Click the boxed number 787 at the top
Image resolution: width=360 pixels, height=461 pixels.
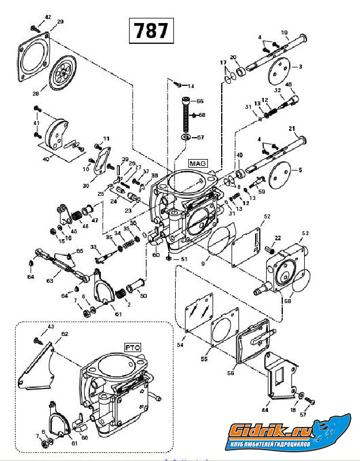coord(151,30)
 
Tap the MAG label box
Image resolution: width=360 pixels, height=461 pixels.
coord(197,163)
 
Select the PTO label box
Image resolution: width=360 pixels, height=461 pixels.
coord(133,347)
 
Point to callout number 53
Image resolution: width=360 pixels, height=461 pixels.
coord(305,233)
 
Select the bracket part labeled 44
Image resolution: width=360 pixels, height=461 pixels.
coord(279,375)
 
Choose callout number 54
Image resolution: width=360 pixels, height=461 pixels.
coord(180,345)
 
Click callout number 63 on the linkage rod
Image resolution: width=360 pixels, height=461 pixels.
coord(50,281)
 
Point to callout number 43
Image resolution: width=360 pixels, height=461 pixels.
coord(51,327)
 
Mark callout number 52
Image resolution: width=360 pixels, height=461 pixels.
coord(267,217)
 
